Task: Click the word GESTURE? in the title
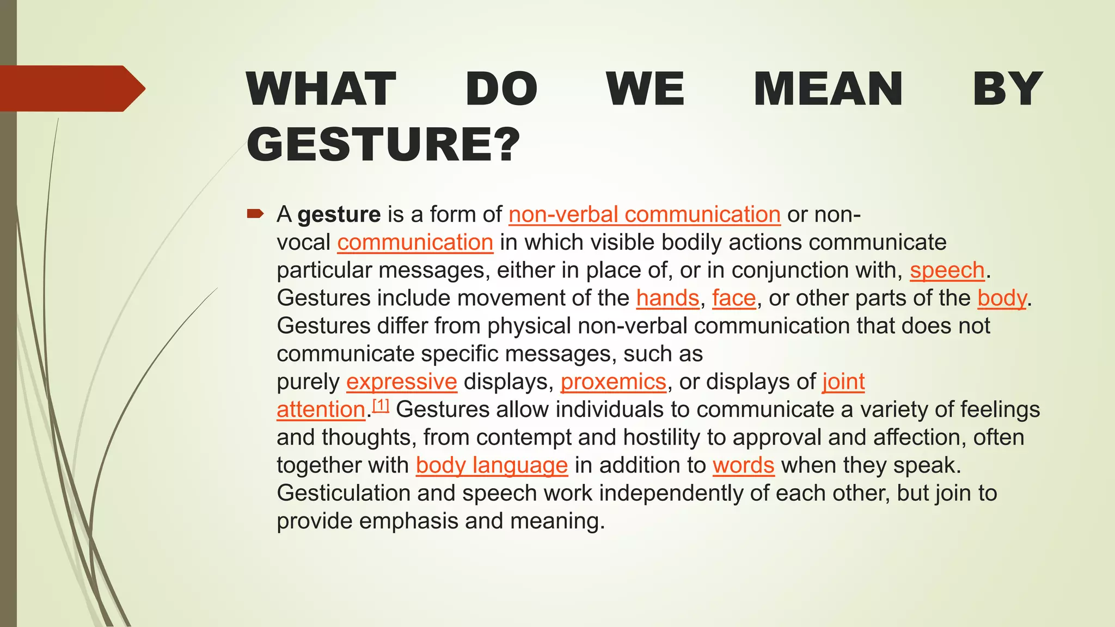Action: tap(383, 144)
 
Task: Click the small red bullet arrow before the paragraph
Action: tap(255, 213)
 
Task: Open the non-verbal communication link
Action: tap(645, 214)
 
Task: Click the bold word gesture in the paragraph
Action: tap(339, 214)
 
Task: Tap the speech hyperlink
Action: tap(947, 270)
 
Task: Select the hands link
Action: tap(667, 298)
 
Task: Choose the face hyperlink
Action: tap(734, 298)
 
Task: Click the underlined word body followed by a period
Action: tap(1002, 298)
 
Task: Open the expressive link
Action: tap(402, 382)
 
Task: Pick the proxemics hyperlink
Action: tap(614, 382)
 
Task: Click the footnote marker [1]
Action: tap(381, 405)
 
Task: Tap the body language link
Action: tap(492, 465)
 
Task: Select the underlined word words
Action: tap(743, 465)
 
